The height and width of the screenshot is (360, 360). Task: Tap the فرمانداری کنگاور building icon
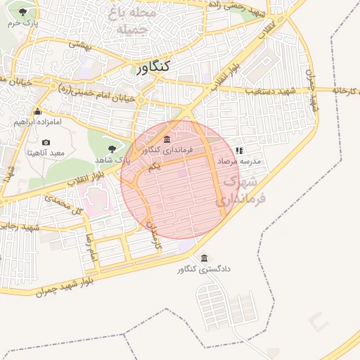click(x=167, y=139)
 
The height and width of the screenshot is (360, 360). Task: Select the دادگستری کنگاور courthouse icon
click(x=205, y=258)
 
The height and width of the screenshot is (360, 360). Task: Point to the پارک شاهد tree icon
click(x=112, y=148)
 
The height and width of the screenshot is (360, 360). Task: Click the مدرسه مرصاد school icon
click(x=239, y=150)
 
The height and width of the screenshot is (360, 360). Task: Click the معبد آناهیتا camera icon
click(x=46, y=142)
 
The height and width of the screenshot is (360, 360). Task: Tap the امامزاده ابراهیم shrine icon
click(x=37, y=111)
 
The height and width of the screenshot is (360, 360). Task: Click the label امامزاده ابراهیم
click(x=38, y=122)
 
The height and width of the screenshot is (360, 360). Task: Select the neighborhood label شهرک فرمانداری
click(x=242, y=191)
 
